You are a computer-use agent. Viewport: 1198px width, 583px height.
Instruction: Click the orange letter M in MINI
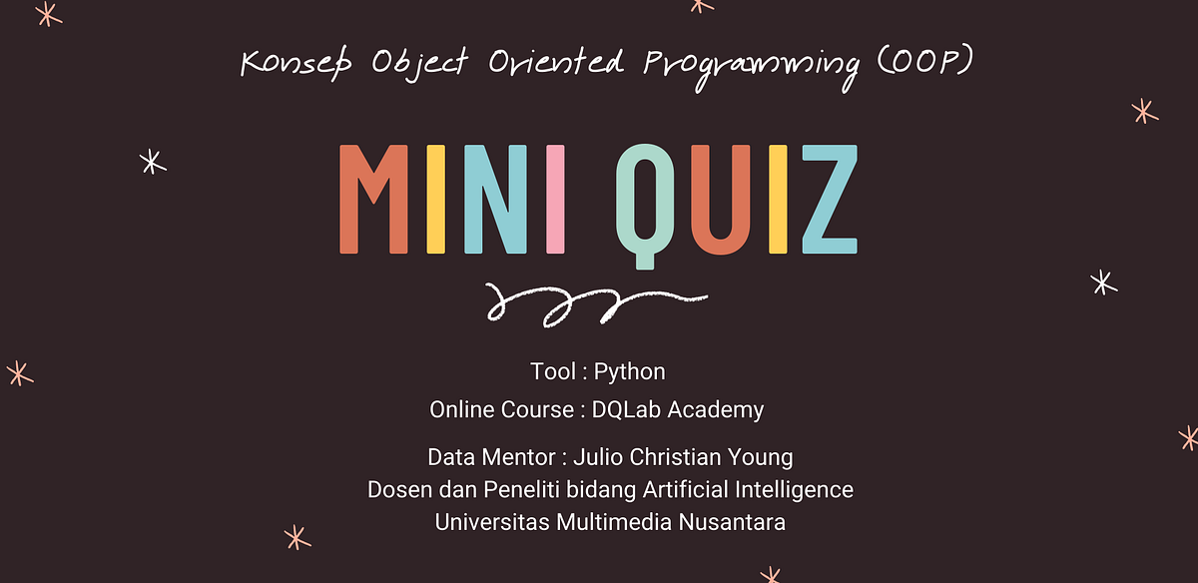[x=373, y=200]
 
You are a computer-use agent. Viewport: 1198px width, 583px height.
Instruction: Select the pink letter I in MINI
[x=556, y=200]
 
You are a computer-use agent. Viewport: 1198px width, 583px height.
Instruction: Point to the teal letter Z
[x=828, y=200]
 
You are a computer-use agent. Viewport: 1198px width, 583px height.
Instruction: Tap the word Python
[x=629, y=372]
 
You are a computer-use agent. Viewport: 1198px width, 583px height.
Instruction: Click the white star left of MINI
[x=152, y=162]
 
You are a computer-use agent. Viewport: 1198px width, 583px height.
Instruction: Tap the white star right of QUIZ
[x=1102, y=283]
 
